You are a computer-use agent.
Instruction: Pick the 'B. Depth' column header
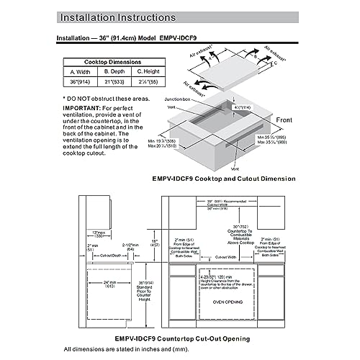(x=114, y=72)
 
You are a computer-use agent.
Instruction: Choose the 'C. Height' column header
(x=148, y=72)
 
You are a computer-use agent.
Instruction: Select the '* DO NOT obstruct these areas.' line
(x=107, y=97)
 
